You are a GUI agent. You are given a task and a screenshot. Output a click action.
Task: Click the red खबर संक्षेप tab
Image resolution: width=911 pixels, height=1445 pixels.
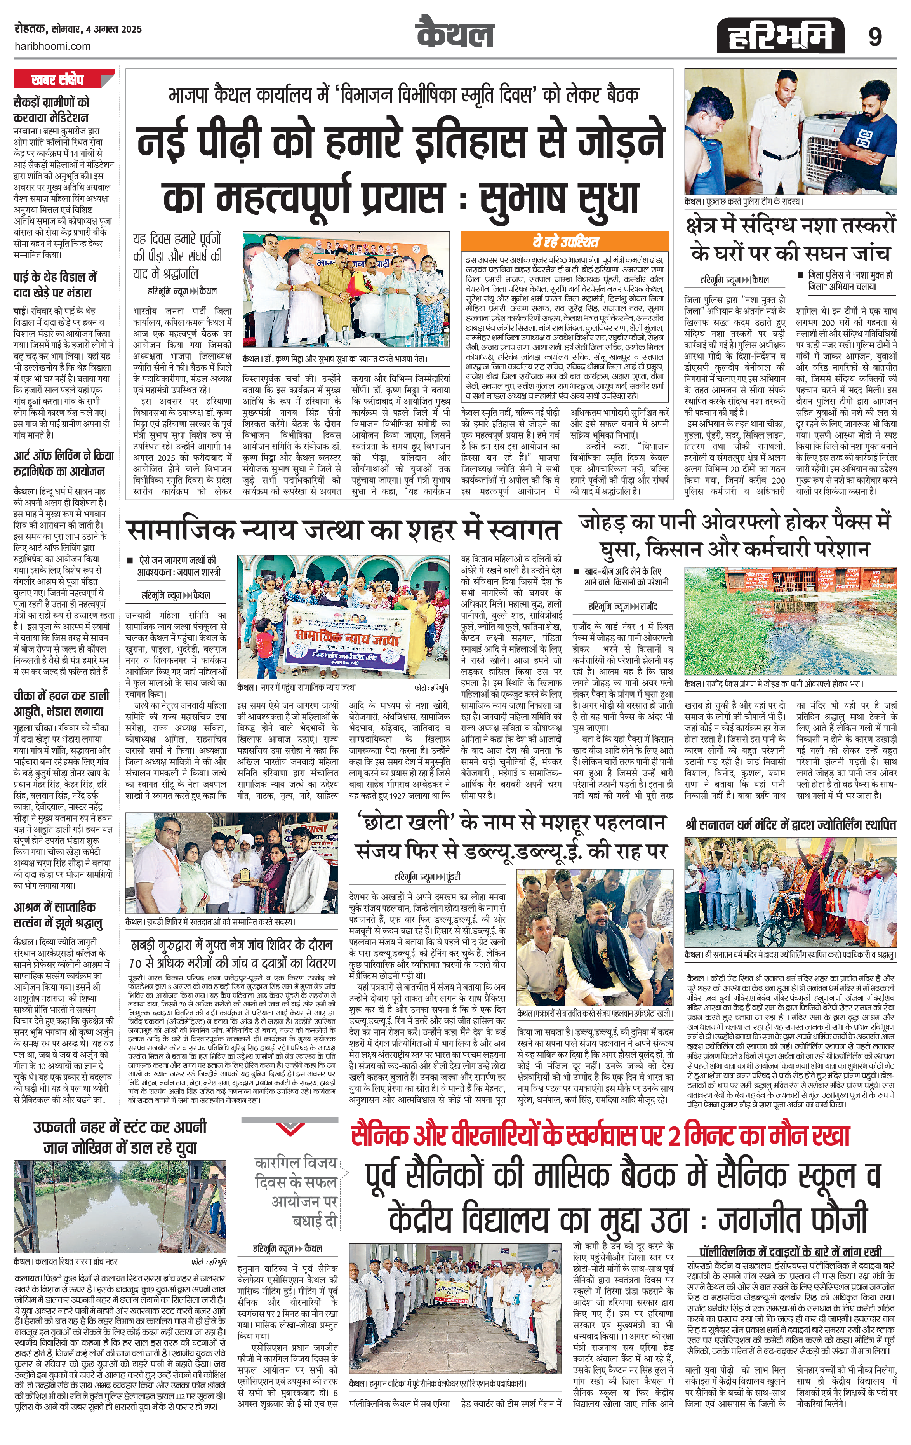click(63, 79)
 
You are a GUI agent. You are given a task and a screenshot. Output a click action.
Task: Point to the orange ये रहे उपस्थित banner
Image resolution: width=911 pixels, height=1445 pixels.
click(564, 242)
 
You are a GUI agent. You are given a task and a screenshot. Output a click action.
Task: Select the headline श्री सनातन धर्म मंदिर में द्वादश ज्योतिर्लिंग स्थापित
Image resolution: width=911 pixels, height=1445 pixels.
click(791, 825)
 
